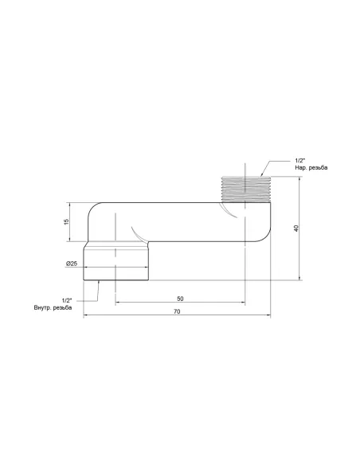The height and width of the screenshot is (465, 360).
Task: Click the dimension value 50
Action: coord(180,298)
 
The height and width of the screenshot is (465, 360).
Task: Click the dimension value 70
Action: coord(176,311)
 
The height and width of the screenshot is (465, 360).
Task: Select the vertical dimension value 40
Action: coord(296,228)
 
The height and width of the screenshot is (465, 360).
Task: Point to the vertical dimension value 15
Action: coord(68,221)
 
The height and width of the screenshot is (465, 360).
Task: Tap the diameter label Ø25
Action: coord(72,264)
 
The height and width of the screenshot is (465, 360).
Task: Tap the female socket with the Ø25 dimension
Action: coord(118,263)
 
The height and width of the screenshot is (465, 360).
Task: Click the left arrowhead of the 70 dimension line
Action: coord(85,316)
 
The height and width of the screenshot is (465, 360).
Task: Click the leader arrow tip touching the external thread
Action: coord(260,175)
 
